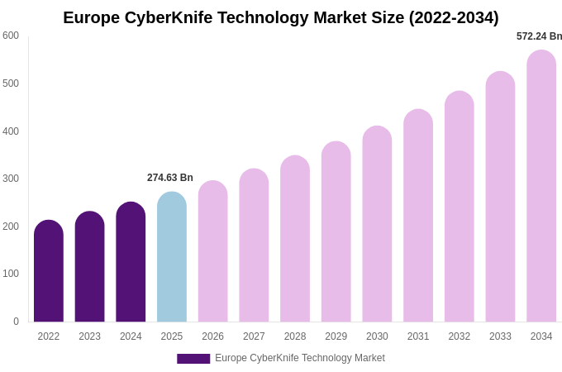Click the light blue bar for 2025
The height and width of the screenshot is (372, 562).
[x=172, y=257]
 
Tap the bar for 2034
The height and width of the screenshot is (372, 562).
[x=541, y=186]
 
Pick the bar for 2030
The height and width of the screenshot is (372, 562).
[x=377, y=224]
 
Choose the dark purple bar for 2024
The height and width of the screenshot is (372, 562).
[x=131, y=262]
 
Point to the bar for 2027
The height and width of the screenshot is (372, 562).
[x=254, y=246]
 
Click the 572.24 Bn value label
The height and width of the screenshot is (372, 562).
[x=539, y=36]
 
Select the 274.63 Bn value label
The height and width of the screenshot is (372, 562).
[x=170, y=178]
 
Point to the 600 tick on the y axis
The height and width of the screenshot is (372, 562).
[x=11, y=36]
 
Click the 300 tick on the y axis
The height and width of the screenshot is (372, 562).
[x=11, y=179]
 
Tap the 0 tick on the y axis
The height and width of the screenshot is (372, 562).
[x=16, y=322]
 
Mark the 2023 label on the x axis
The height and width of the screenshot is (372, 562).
[x=89, y=336]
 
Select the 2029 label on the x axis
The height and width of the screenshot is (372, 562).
[x=336, y=336]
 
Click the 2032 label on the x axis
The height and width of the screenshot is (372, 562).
[x=459, y=336]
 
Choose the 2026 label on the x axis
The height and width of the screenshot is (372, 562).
[x=212, y=336]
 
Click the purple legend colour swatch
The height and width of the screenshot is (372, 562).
[x=193, y=359]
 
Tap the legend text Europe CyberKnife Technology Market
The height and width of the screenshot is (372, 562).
[x=300, y=358]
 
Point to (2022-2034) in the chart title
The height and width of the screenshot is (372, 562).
[x=454, y=17]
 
